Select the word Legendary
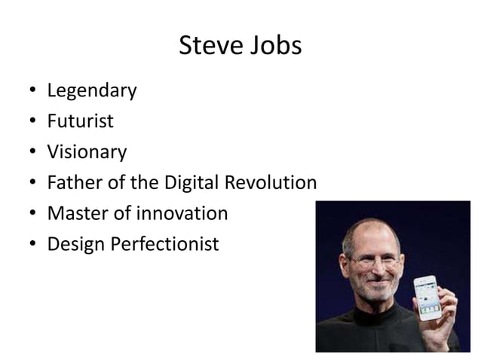92,92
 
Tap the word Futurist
81,122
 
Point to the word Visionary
87,153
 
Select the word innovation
182,214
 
